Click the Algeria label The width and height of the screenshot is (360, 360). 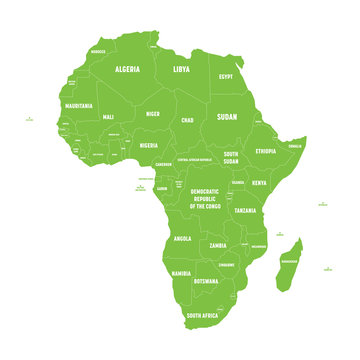pos(127,70)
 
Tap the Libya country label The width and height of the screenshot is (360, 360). pos(181,70)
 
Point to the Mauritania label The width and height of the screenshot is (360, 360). pos(79,105)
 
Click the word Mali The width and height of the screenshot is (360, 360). pos(108,117)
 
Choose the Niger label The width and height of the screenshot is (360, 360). pos(152,114)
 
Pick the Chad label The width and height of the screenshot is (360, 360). pos(187,120)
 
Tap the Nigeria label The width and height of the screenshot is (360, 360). pos(147,144)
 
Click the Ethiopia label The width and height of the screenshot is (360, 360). pos(265,151)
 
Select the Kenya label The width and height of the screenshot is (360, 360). pos(259,183)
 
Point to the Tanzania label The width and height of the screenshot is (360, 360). pos(245,211)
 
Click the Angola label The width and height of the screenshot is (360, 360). pos(182,239)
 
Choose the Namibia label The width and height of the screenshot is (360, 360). pos(181,273)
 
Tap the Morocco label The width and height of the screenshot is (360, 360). pos(98,51)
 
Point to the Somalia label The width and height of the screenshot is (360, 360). pos(295,146)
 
